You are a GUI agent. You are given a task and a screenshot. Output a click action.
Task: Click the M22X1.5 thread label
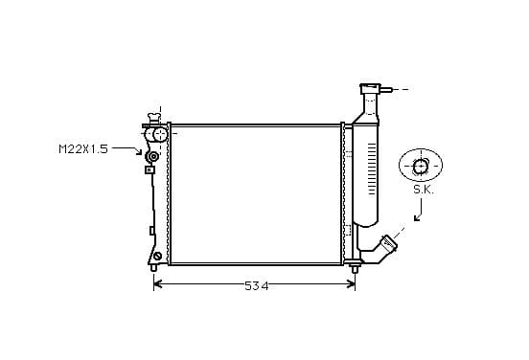click(83, 149)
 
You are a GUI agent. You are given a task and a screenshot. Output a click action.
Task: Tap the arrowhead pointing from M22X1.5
click(139, 151)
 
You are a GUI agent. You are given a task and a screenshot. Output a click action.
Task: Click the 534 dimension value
click(257, 286)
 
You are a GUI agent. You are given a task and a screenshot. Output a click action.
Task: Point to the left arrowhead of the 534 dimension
click(158, 284)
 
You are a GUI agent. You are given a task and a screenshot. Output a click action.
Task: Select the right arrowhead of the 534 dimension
click(351, 284)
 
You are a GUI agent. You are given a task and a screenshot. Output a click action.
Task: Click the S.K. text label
click(424, 191)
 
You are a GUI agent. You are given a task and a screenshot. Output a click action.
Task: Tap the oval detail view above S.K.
click(421, 166)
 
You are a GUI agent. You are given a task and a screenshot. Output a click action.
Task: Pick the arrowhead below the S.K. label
click(417, 217)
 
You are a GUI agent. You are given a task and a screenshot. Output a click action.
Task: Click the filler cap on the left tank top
click(154, 118)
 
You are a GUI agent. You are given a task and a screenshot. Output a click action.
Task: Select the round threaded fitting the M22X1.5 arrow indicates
click(152, 157)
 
